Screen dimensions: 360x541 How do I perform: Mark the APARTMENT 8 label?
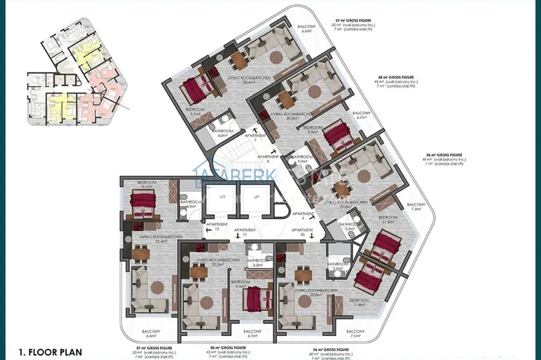point(267,159)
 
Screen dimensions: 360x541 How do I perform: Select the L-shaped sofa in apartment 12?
point(150,289)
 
